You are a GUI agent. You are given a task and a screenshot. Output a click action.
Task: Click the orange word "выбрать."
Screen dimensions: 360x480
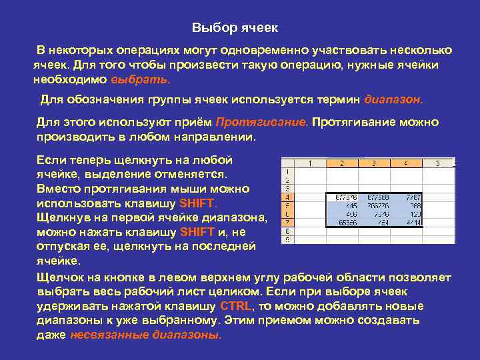140,79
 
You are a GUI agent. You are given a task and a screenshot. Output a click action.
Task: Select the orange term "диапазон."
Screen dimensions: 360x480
393,100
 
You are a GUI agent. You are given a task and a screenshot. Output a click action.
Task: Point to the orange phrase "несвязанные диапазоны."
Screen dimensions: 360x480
146,335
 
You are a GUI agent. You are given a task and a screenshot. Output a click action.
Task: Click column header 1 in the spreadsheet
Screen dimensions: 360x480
310,163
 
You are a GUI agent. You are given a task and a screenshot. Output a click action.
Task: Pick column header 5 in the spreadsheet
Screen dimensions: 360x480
437,163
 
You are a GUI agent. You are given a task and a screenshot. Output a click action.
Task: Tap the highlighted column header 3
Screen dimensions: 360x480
373,163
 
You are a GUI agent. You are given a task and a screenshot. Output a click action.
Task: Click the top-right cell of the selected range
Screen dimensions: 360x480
405,197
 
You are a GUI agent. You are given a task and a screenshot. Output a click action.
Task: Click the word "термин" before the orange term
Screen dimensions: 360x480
337,100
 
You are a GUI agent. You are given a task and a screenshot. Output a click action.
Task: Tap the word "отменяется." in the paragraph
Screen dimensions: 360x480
197,174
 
